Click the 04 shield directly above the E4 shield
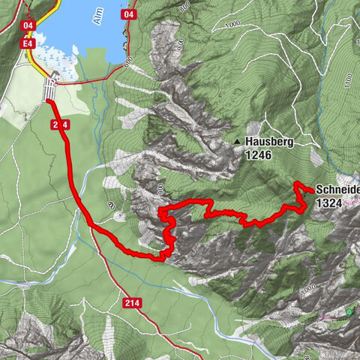(29, 25)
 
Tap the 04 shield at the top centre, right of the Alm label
(129, 14)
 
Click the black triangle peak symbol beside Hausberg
(238, 141)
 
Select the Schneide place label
(337, 190)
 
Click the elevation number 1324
(330, 202)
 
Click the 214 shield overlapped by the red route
(61, 124)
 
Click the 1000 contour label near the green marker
(307, 289)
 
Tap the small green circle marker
(349, 310)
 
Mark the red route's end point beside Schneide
(310, 190)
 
